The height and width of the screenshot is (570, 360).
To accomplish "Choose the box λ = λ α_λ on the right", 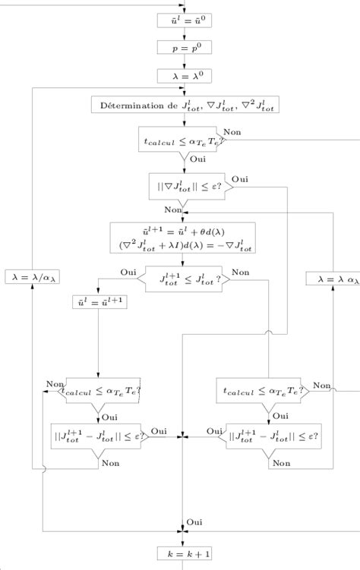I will pyautogui.click(x=332, y=279).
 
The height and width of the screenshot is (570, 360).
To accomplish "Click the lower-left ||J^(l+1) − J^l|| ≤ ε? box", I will pyautogui.click(x=99, y=437).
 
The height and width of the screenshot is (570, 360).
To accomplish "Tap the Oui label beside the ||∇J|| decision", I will pyautogui.click(x=240, y=178).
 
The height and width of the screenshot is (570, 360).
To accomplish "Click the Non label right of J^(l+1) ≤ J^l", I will pyautogui.click(x=240, y=272).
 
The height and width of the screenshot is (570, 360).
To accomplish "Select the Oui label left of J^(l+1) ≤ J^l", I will pyautogui.click(x=128, y=272).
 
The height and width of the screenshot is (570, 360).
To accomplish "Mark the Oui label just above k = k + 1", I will pyautogui.click(x=194, y=523).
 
